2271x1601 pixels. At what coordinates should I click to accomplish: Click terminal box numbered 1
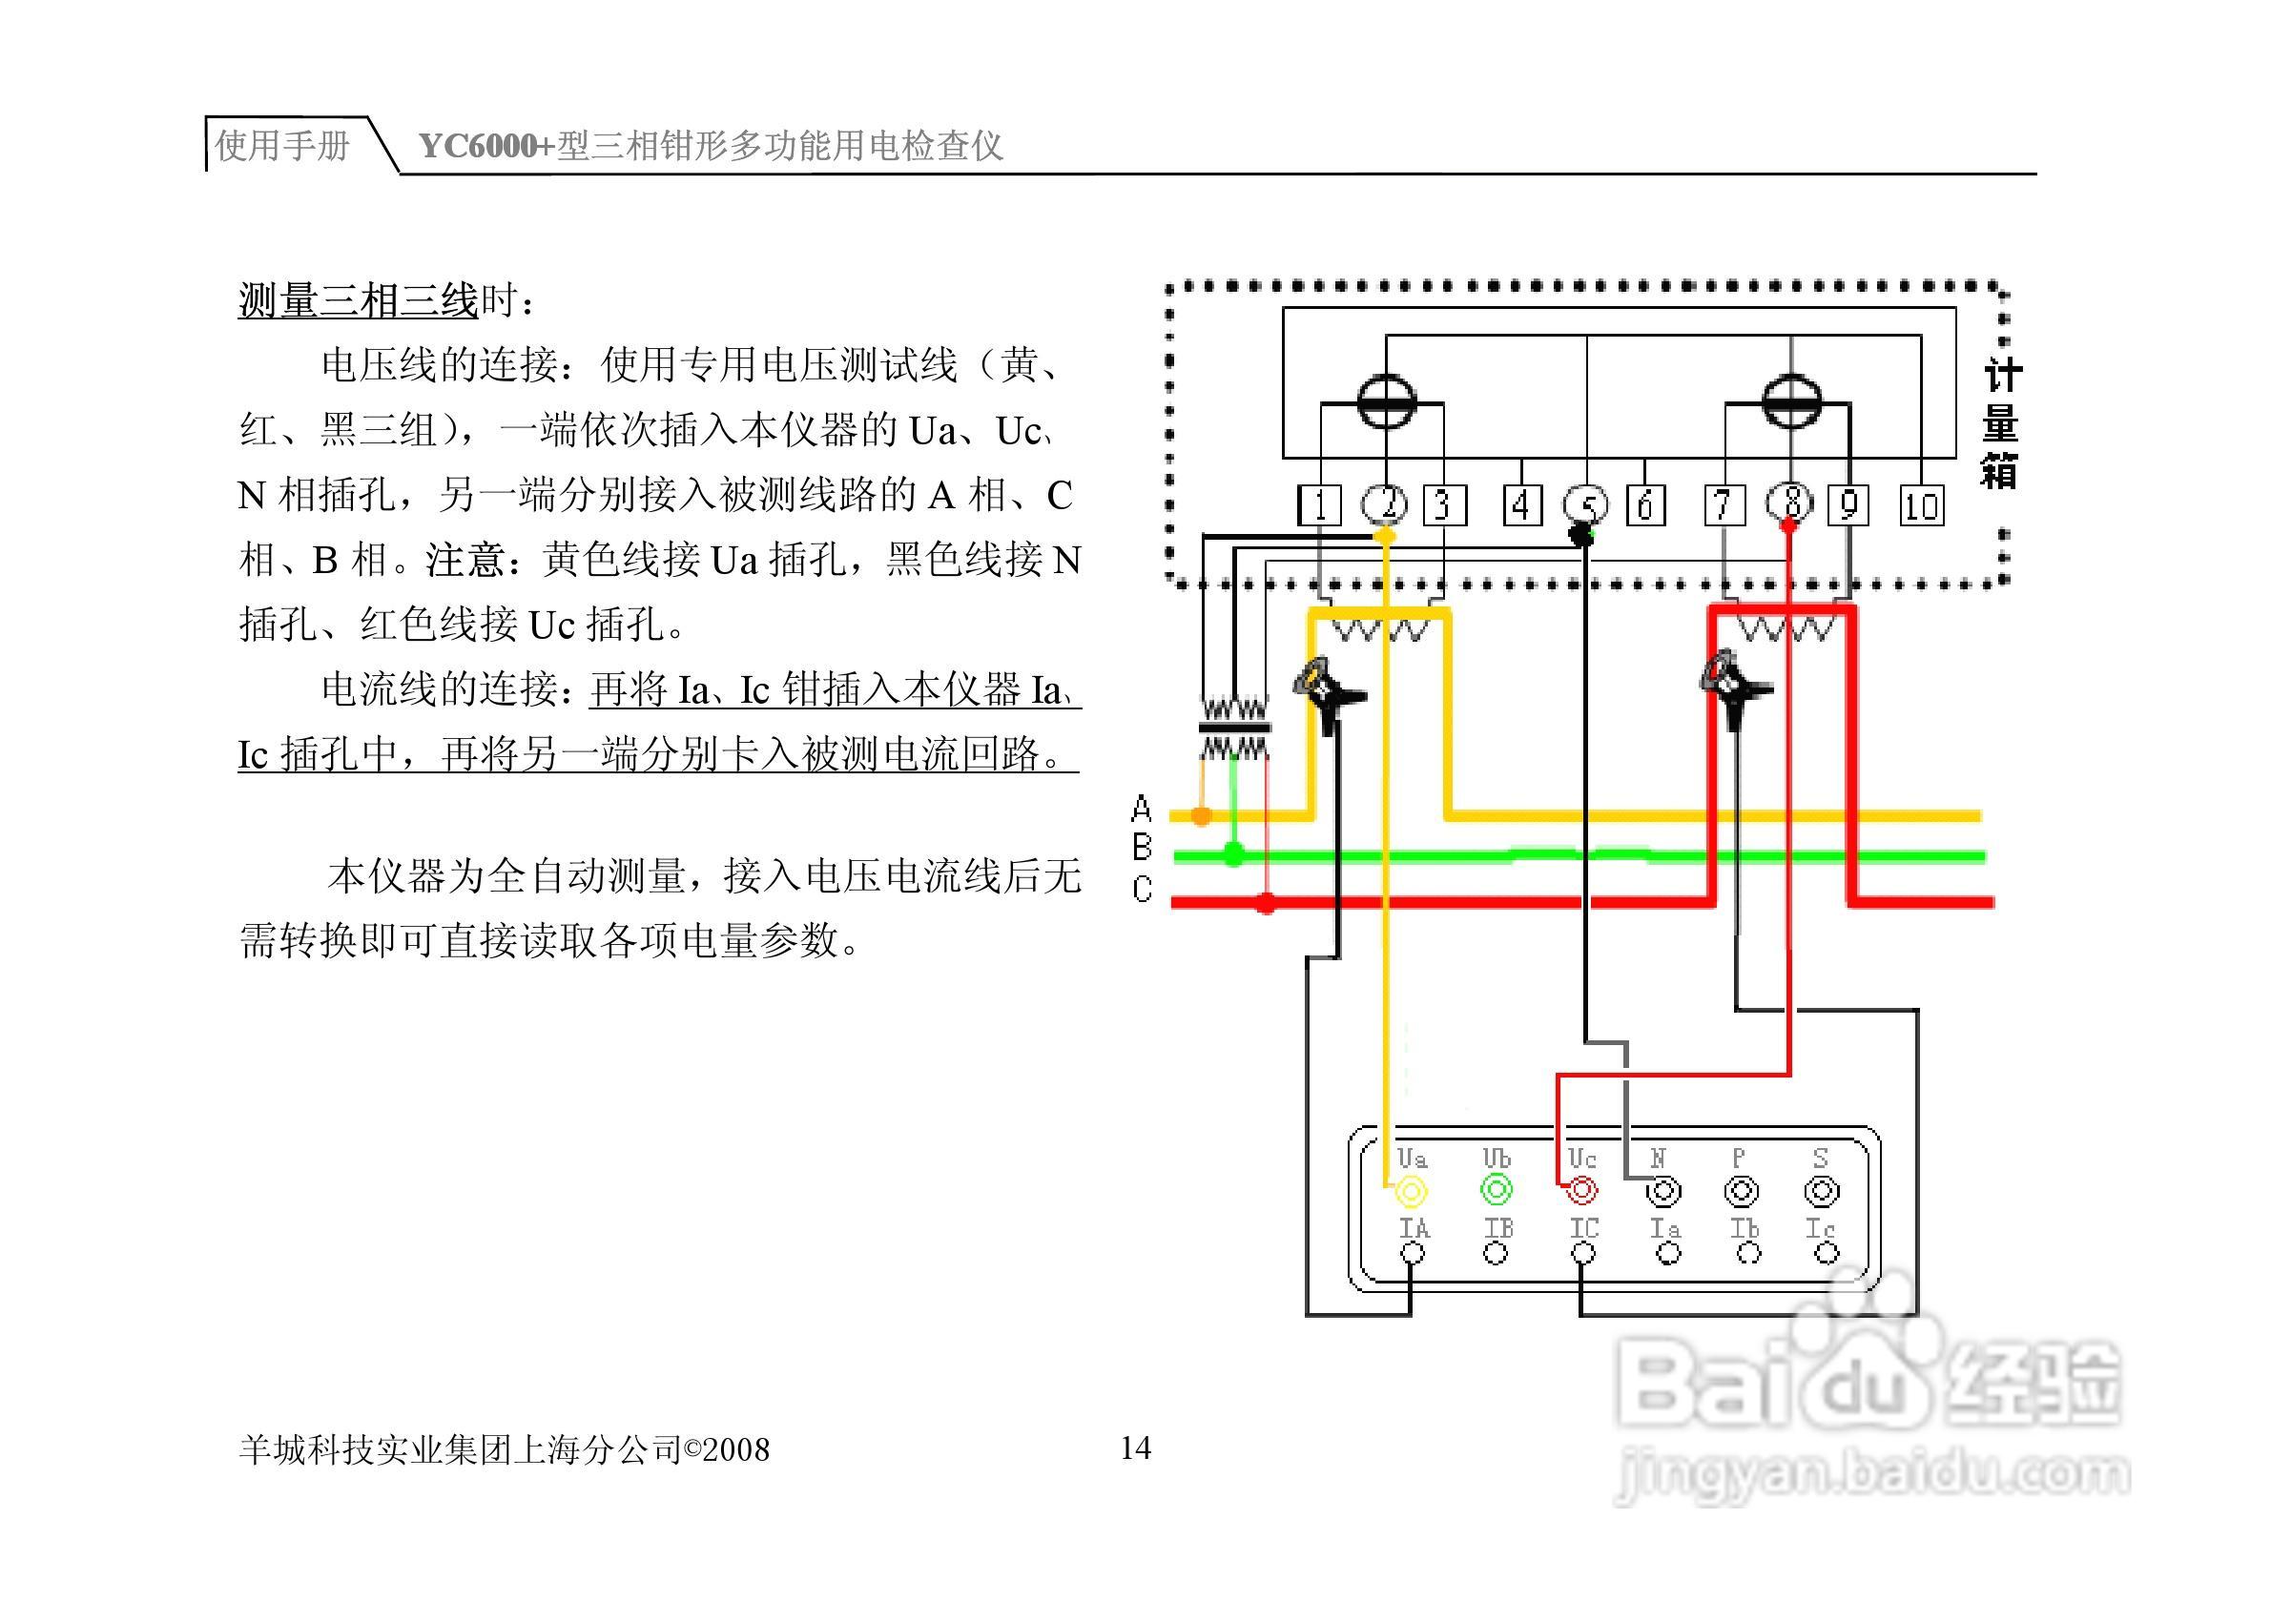point(1319,506)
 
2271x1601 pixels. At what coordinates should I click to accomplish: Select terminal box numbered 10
point(1920,506)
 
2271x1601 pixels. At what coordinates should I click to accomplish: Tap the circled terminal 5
point(1584,505)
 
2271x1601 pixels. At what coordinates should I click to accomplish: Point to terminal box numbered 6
point(1645,506)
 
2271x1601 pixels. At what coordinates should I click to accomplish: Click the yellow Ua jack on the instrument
point(1411,1191)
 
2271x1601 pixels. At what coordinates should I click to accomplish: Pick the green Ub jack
point(1496,1190)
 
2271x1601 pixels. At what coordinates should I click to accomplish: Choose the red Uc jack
point(1580,1190)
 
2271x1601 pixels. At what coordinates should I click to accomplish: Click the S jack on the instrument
point(1821,1191)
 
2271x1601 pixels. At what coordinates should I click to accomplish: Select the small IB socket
point(1496,1254)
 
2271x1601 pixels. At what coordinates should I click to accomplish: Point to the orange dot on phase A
point(1201,816)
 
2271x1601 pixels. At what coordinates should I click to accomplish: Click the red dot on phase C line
point(1266,902)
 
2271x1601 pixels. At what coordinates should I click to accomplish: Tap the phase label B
point(1142,848)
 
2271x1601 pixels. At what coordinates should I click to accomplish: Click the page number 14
point(1134,1447)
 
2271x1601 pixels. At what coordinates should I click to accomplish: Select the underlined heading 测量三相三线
point(358,300)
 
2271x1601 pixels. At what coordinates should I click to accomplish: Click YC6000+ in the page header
point(486,146)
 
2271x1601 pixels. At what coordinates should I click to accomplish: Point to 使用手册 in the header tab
point(283,145)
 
